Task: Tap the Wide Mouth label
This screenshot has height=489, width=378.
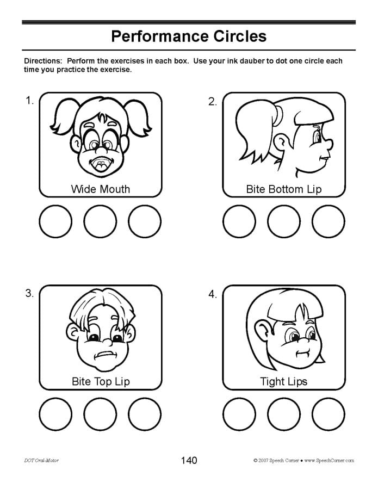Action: tap(101, 189)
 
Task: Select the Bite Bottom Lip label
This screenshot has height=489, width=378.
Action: tap(284, 189)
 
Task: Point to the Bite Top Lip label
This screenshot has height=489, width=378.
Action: tap(101, 381)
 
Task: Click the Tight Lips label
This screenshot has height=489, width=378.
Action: tap(284, 381)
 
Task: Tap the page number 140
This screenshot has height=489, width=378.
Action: tap(189, 461)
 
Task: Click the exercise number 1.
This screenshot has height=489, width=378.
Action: tap(29, 100)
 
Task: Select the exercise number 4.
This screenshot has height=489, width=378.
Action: tap(212, 294)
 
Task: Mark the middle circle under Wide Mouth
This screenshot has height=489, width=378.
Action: tap(100, 222)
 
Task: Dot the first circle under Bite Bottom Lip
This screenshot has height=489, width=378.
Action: tap(239, 222)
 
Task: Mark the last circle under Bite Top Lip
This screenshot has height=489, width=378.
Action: tap(145, 414)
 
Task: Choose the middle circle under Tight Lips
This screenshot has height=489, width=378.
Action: tap(284, 414)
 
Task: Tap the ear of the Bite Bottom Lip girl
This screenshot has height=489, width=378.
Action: tap(281, 143)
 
